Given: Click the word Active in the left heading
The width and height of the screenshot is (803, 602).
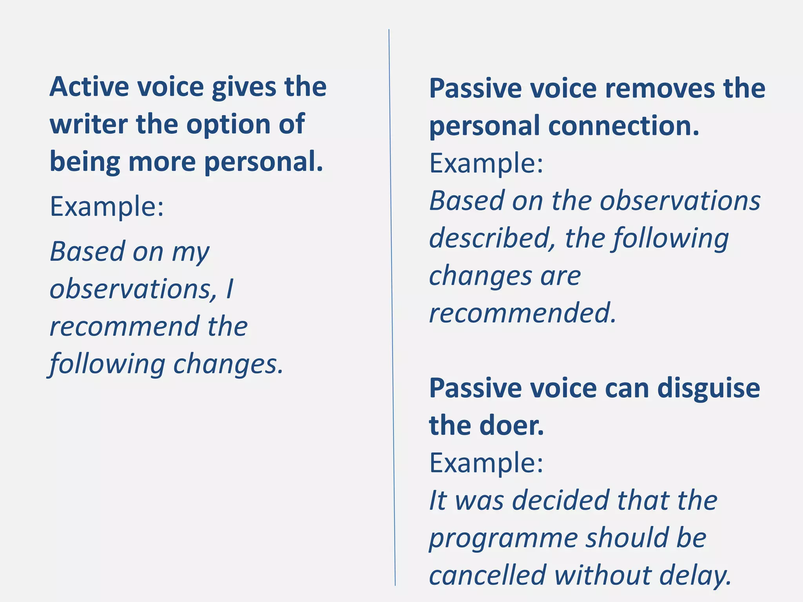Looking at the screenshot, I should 89,87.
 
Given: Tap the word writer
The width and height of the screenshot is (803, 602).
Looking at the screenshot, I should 89,124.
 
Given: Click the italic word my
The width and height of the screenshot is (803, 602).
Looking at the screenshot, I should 191,253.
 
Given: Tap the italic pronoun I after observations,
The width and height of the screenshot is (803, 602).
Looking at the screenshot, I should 230,289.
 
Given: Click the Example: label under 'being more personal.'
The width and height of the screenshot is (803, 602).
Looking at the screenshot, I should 107,207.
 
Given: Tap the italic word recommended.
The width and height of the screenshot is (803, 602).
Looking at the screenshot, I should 522,313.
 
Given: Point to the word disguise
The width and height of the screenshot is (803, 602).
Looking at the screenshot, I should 709,388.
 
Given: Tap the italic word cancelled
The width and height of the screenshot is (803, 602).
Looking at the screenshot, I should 487,575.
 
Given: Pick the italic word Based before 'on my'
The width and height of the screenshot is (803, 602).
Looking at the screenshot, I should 87,251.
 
